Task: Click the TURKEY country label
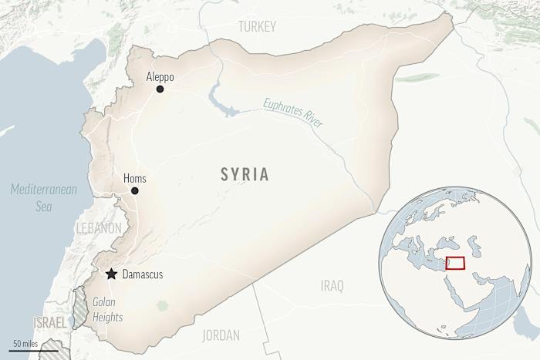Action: [x=257, y=27]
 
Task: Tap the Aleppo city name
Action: [x=160, y=77]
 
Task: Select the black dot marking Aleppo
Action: [x=160, y=89]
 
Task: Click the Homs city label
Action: [x=134, y=179]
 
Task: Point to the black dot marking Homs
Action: [x=134, y=190]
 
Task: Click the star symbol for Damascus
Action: [x=112, y=274]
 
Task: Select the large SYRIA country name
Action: [x=243, y=175]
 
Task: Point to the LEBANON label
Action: [x=98, y=228]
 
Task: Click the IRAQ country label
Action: [x=332, y=286]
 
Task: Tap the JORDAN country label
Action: [x=221, y=335]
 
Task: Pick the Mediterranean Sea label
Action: [x=44, y=197]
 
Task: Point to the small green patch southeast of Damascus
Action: [x=162, y=305]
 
